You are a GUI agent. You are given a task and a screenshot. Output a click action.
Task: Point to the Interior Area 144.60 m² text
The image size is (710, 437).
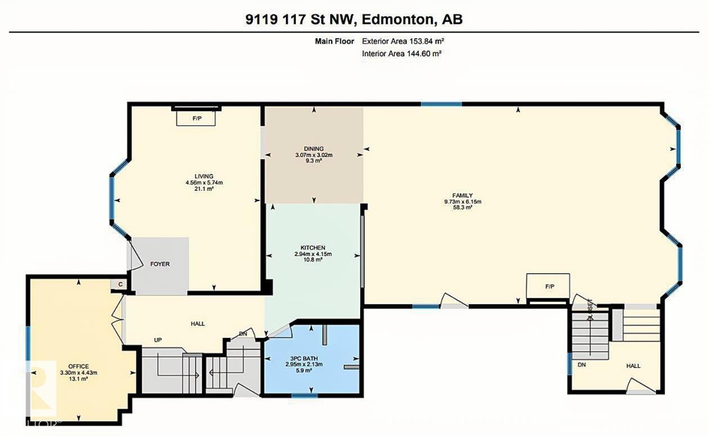402,53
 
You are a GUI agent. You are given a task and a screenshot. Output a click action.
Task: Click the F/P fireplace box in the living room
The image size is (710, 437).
197,119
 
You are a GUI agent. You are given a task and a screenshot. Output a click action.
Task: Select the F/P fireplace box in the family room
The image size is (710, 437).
549,287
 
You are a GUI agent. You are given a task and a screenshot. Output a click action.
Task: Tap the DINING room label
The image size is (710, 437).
314,148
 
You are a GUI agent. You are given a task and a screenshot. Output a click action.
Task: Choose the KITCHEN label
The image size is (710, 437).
313,247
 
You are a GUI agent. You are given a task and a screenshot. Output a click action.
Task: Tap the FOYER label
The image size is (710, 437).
160,264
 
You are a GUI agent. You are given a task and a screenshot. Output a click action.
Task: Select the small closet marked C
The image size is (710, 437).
120,285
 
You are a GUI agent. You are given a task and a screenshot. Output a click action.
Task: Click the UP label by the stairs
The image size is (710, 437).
159,340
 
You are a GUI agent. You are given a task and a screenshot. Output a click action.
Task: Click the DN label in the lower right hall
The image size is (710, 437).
581,364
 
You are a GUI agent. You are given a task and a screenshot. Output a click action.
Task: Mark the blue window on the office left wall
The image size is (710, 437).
28,343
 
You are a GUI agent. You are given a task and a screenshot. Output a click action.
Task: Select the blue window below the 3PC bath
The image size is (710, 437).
305,396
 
